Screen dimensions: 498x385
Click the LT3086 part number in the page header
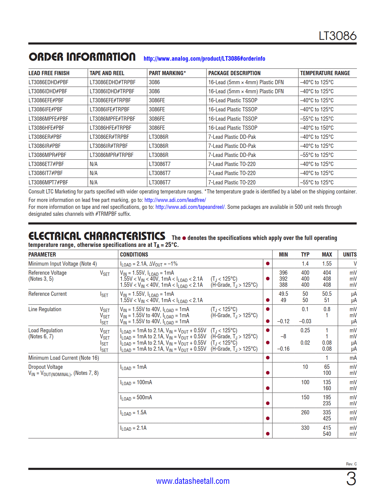337,36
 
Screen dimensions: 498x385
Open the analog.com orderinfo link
204,59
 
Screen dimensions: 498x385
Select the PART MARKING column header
167,73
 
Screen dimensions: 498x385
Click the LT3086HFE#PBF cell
47,128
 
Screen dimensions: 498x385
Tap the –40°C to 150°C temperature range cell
317,128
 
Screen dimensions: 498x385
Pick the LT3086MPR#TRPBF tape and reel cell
111,155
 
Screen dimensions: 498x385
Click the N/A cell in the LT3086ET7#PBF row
94,164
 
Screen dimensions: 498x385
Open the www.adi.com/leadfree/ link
175,200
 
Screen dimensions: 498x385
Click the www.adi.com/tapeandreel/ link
190,207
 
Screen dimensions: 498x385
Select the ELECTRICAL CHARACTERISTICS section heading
97,236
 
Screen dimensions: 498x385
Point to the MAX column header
327,254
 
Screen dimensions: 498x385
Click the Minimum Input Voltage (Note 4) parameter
63,263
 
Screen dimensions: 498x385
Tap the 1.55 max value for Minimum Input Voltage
327,263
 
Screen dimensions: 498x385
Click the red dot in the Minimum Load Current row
268,358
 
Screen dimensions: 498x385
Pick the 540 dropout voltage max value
327,434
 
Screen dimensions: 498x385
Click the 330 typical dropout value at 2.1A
305,428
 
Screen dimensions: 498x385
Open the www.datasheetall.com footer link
193,481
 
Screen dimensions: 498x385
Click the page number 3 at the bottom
351,479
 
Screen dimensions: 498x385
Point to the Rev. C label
351,464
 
